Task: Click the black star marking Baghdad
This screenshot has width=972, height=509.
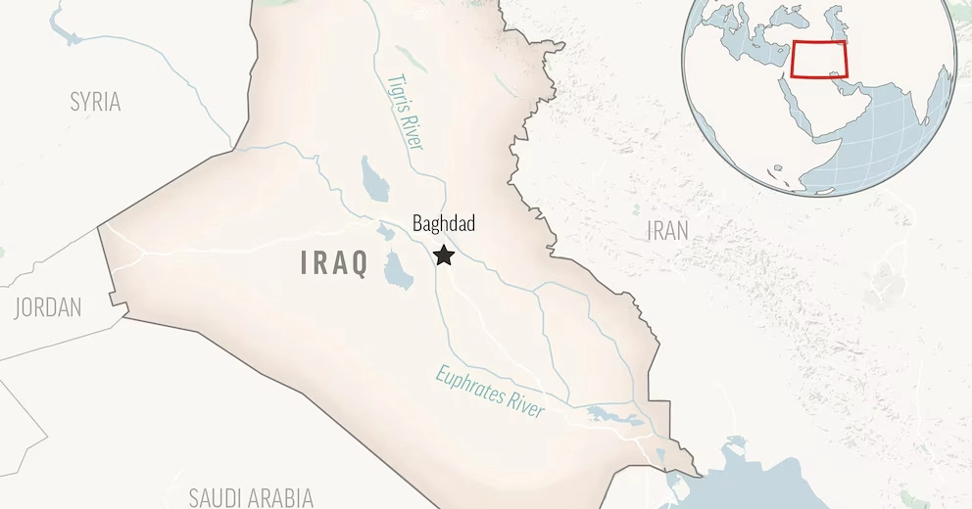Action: tap(444, 255)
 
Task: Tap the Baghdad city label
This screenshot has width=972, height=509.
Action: tap(444, 224)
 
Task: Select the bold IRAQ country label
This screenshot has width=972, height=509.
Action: tap(334, 262)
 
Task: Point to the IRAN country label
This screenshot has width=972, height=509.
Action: tap(667, 231)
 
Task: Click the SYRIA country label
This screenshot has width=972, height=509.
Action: tap(95, 101)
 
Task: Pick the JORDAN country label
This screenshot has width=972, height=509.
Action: tap(47, 307)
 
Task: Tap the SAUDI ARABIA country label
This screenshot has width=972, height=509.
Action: tap(251, 496)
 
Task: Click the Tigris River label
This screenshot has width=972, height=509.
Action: tap(406, 113)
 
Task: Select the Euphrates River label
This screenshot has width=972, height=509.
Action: tap(489, 392)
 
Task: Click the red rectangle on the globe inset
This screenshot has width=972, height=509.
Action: tap(819, 61)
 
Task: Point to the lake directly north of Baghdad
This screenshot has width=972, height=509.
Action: tap(374, 177)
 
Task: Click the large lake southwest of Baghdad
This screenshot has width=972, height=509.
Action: tap(398, 271)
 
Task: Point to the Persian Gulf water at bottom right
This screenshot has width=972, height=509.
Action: tap(754, 480)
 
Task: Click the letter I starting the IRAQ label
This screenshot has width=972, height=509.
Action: tap(305, 262)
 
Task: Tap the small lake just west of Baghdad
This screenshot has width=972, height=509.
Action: tap(386, 233)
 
